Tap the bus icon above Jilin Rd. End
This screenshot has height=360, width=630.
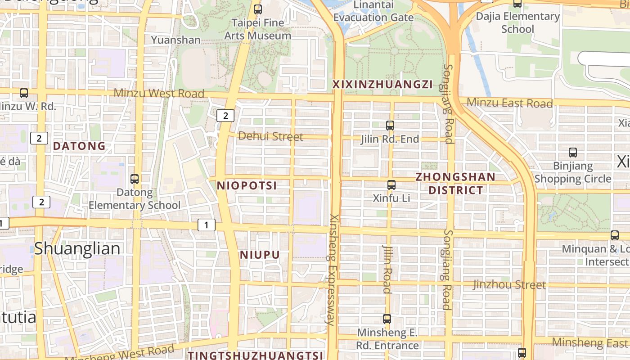pyautogui.click(x=390, y=126)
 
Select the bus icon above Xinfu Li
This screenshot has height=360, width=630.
pyautogui.click(x=391, y=184)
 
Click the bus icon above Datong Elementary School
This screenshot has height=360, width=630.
pyautogui.click(x=135, y=179)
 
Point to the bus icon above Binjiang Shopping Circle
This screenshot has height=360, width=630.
pyautogui.click(x=573, y=153)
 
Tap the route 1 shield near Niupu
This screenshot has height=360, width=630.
pyautogui.click(x=207, y=225)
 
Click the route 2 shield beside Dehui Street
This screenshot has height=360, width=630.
pyautogui.click(x=225, y=116)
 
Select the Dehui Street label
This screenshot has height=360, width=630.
pyautogui.click(x=270, y=136)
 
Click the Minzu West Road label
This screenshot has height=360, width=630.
pyautogui.click(x=159, y=93)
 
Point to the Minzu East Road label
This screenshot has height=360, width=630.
pyautogui.click(x=509, y=103)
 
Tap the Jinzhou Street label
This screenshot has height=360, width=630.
pyautogui.click(x=509, y=284)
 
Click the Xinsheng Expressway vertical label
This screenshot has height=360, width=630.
pyautogui.click(x=333, y=270)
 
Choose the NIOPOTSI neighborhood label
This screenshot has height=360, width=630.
pyautogui.click(x=247, y=185)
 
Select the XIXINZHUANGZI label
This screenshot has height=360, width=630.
pyautogui.click(x=382, y=84)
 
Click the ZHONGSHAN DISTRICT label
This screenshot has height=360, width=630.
pyautogui.click(x=455, y=183)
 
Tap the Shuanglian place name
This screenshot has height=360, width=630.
pyautogui.click(x=77, y=248)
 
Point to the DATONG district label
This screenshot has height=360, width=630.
pyautogui.click(x=79, y=146)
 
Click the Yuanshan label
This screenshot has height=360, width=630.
pyautogui.click(x=175, y=40)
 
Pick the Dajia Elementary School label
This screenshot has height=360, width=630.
pyautogui.click(x=517, y=22)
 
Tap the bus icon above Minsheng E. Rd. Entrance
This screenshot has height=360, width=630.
pyautogui.click(x=387, y=319)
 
